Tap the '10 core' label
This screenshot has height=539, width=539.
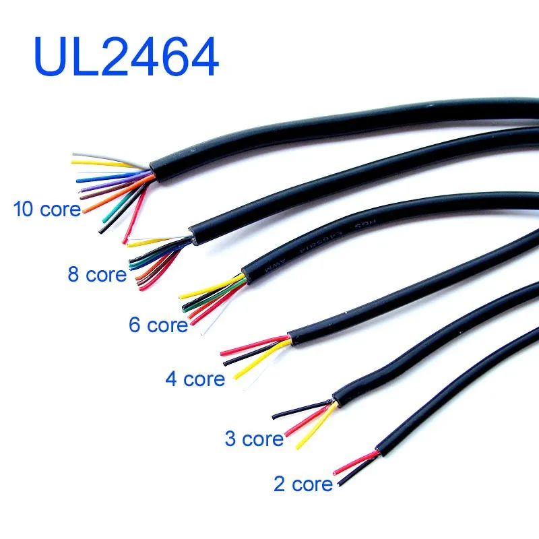tap(47, 209)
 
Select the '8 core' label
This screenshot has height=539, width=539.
tap(97, 274)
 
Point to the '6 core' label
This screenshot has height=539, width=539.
tap(158, 325)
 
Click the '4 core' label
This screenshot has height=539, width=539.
tap(195, 379)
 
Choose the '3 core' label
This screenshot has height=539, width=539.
tap(254, 439)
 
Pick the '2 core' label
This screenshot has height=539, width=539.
tap(303, 484)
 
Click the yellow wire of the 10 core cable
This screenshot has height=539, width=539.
tap(101, 162)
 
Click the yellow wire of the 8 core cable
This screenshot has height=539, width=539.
tap(152, 241)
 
